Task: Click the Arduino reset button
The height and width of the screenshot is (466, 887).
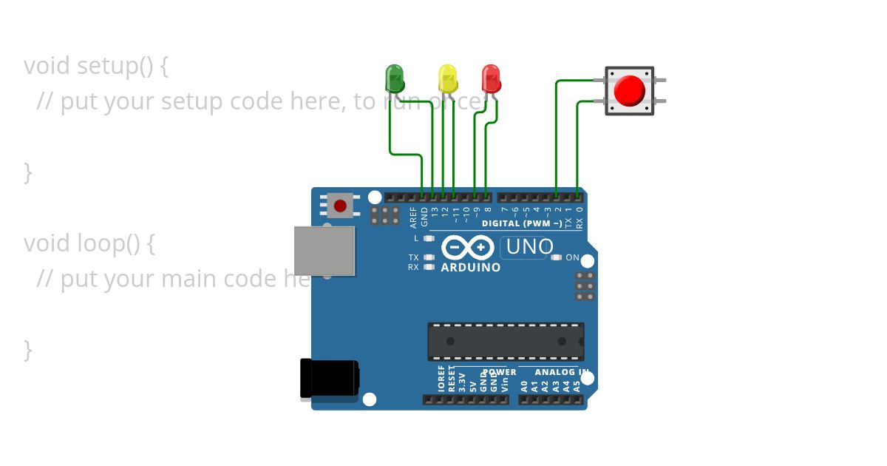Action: pyautogui.click(x=340, y=206)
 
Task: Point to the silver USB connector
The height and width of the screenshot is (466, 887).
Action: pyautogui.click(x=324, y=251)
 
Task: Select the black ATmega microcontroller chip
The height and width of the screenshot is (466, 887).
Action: pyautogui.click(x=506, y=341)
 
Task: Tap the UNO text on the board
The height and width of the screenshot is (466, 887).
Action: pyautogui.click(x=529, y=247)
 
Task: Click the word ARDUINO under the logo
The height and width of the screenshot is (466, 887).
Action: pyautogui.click(x=470, y=268)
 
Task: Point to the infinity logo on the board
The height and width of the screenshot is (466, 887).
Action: pyautogui.click(x=468, y=246)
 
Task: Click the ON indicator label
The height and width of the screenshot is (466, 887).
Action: pyautogui.click(x=573, y=257)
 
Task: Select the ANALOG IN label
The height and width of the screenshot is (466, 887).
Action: pyautogui.click(x=562, y=372)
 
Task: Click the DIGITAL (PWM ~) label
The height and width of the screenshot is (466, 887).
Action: pyautogui.click(x=522, y=223)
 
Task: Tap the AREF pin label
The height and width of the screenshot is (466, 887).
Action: pyautogui.click(x=413, y=216)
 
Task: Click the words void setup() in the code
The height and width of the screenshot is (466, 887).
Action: pyautogui.click(x=96, y=66)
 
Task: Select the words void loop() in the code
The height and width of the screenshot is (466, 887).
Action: pyautogui.click(x=89, y=243)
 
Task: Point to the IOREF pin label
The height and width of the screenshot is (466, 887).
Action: pyautogui.click(x=442, y=378)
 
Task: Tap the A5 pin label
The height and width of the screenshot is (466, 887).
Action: pyautogui.click(x=577, y=385)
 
